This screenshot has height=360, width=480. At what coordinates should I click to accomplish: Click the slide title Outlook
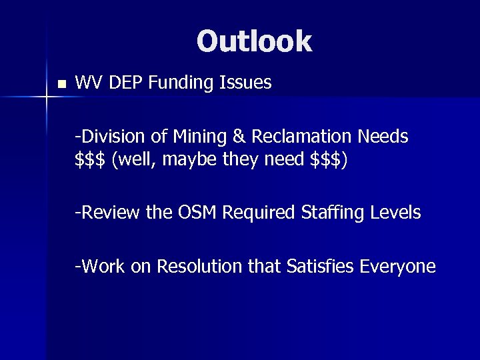[x=253, y=41]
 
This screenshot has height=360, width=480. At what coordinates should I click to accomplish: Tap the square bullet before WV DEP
[x=61, y=85]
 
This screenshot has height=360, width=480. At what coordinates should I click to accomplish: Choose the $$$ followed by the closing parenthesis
[x=326, y=161]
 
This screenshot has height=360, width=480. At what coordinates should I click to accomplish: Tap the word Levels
[x=396, y=213]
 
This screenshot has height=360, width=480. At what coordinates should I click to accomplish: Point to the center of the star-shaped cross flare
[x=47, y=99]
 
